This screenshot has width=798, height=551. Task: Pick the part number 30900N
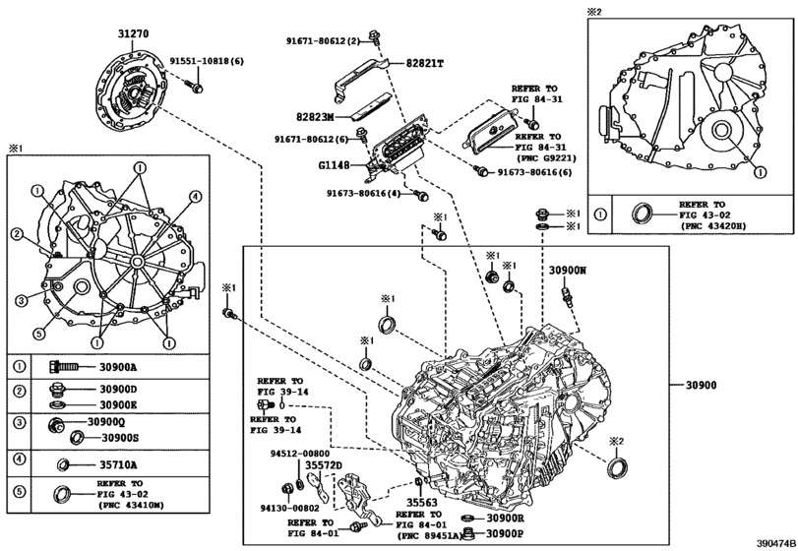click(x=568, y=269)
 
